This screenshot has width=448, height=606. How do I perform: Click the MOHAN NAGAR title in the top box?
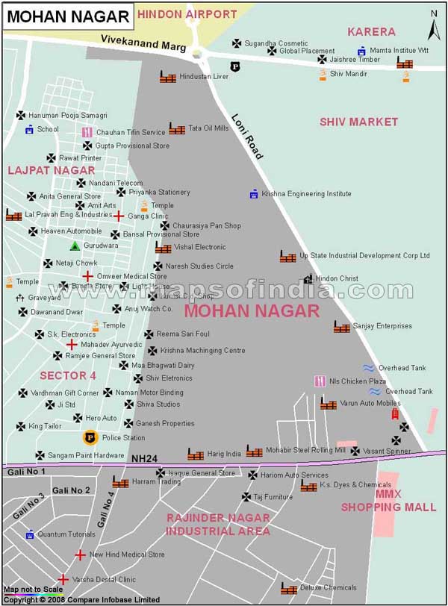(67, 16)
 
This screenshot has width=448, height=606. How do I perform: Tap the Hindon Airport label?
(187, 13)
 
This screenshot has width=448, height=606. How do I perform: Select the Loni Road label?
(246, 137)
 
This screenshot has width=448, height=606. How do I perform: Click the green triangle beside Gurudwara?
(75, 246)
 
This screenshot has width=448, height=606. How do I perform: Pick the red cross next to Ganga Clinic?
(118, 216)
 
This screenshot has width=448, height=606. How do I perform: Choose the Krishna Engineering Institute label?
(305, 194)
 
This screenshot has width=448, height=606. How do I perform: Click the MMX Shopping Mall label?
(389, 501)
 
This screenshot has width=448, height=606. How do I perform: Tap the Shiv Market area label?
(358, 122)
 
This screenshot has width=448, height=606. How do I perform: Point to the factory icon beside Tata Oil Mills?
(177, 128)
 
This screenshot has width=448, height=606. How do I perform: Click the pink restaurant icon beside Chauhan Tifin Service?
(87, 133)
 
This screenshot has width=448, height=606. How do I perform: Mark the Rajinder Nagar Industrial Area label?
(217, 524)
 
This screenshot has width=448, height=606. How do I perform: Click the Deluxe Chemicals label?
(329, 588)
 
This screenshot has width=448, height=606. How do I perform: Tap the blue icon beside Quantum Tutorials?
(30, 534)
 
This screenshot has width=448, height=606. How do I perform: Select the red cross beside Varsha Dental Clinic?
(63, 579)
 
